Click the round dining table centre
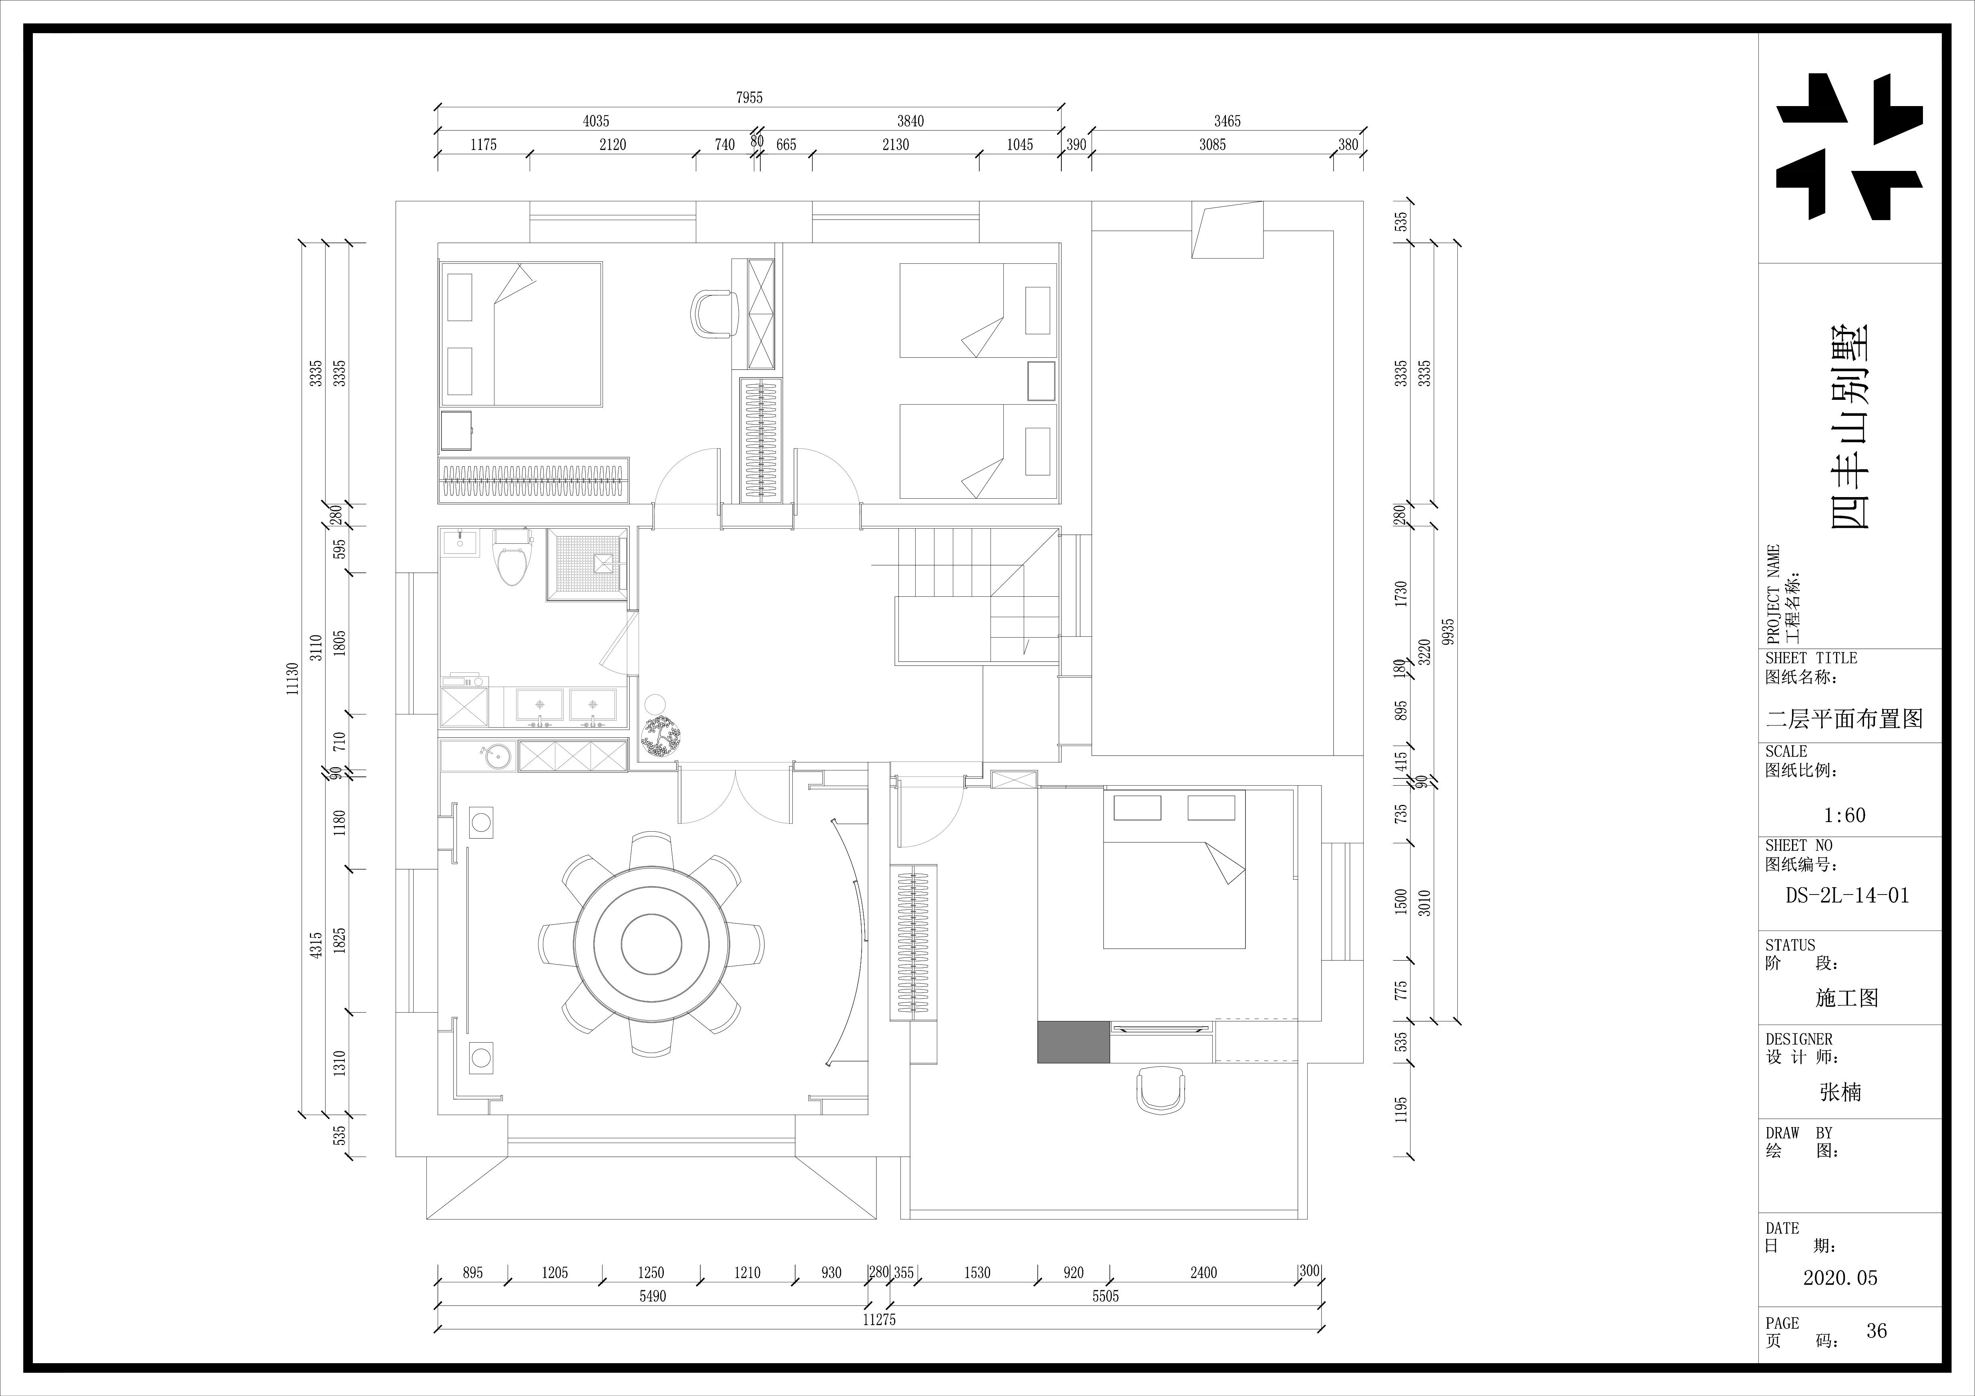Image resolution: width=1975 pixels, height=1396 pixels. click(651, 944)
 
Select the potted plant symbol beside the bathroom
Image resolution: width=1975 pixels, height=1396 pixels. click(660, 736)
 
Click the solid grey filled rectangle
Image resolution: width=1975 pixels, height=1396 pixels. click(1073, 1042)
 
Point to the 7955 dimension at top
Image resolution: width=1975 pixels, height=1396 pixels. click(748, 98)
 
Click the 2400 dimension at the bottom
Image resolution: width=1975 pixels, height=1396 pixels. click(1203, 1273)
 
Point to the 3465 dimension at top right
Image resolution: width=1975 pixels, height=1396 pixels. click(1228, 121)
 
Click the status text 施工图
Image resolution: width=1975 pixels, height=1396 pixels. click(1847, 998)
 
